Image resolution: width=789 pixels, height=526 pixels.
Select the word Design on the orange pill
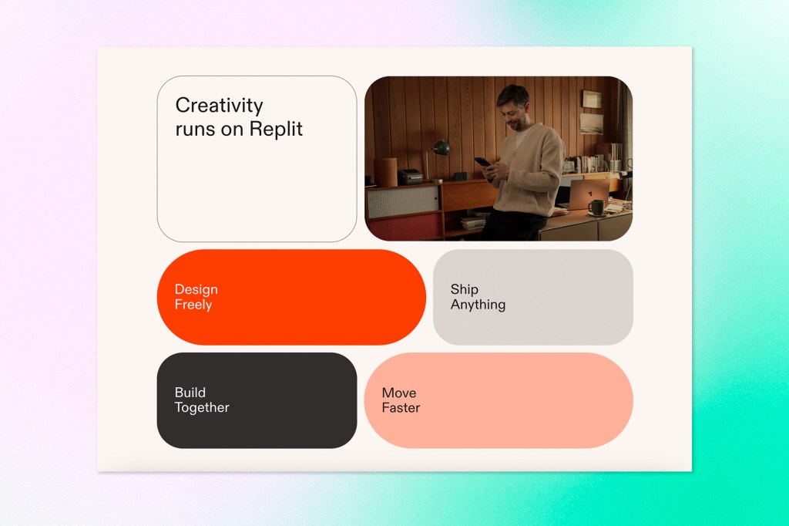(x=196, y=289)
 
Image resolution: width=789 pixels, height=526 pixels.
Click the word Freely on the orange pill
(x=193, y=305)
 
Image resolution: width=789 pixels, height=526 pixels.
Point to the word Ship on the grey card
(x=464, y=289)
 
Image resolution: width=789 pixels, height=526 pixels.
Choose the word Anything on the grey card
(x=478, y=305)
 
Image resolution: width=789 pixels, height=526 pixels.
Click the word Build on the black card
(x=190, y=393)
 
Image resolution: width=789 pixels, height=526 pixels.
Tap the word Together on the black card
(x=202, y=407)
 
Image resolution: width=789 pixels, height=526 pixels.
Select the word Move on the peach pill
(x=398, y=393)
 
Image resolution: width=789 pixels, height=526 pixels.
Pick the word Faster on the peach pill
(x=401, y=407)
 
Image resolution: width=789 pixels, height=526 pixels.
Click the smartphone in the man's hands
(x=481, y=162)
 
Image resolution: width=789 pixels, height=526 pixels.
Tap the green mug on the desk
(x=596, y=207)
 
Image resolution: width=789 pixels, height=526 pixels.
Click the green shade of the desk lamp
(x=442, y=147)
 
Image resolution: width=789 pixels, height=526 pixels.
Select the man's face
(x=512, y=104)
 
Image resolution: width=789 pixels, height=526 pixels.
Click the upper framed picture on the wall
(x=592, y=99)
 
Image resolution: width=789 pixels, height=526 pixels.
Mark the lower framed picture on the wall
(x=592, y=123)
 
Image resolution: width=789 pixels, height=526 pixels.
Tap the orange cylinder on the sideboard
(x=385, y=171)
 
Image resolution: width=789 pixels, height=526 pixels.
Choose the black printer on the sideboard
(x=410, y=177)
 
